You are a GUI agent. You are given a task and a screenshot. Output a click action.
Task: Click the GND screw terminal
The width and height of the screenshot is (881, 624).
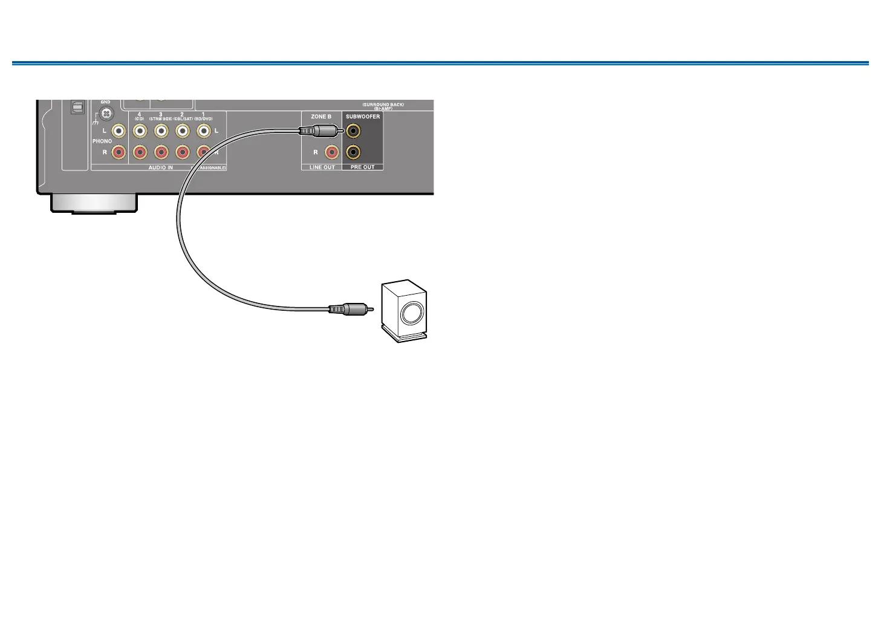point(106,113)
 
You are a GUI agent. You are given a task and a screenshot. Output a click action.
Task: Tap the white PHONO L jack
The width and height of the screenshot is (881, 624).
point(119,130)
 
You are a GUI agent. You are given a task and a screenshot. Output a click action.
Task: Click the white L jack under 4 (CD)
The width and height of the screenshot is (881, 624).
point(140,130)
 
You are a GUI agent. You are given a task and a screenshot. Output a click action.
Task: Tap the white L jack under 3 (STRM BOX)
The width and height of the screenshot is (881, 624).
point(161,130)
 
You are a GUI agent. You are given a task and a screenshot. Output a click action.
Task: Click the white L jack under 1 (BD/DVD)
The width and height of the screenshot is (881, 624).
point(204,130)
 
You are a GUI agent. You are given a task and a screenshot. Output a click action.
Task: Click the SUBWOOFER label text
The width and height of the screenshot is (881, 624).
point(363,117)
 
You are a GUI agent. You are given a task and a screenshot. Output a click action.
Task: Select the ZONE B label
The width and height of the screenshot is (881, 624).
point(321,117)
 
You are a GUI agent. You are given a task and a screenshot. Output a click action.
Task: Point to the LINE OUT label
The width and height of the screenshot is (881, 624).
point(322,167)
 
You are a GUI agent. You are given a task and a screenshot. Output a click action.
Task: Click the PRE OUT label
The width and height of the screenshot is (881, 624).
point(363,167)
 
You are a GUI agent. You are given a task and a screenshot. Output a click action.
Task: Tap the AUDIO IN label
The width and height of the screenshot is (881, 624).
point(161,167)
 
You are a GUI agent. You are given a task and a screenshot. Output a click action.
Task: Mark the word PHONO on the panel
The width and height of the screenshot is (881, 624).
point(102,141)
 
